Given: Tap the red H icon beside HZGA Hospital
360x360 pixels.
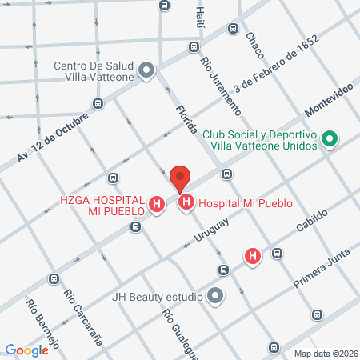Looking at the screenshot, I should tap(158, 205).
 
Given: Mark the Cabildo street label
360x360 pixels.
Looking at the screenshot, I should tap(312, 219).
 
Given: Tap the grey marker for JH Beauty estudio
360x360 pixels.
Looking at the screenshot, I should tap(215, 297).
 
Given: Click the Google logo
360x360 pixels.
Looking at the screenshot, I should tap(27, 350).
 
